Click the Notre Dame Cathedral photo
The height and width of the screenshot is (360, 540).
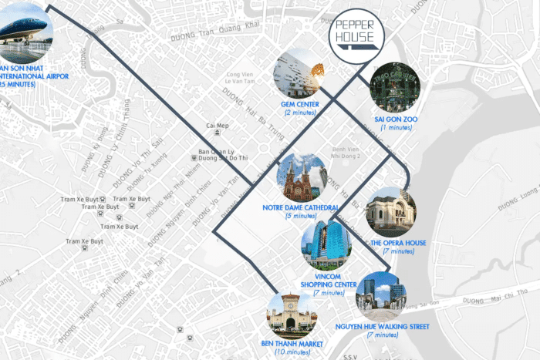point(302,178)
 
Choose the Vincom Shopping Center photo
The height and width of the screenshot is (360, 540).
point(326,244)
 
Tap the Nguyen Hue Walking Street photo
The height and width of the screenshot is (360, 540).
point(381,297)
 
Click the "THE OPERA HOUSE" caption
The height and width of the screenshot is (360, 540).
point(398,244)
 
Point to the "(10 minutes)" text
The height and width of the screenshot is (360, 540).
point(292,352)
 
